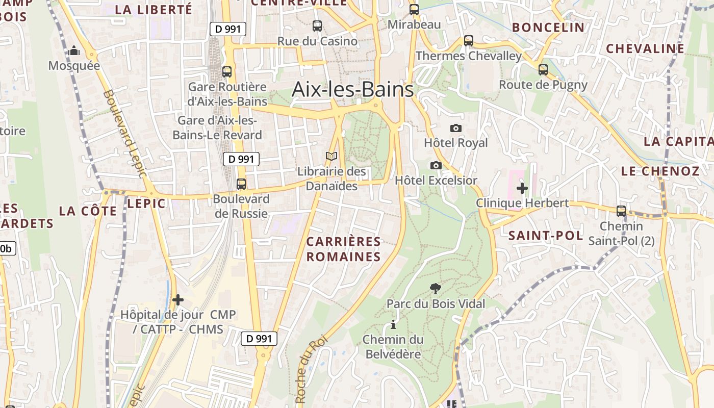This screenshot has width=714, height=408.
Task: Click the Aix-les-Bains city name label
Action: [x=352, y=90]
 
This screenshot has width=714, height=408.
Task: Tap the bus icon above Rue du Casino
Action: [x=317, y=25]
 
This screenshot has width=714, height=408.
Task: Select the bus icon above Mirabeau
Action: [x=414, y=9]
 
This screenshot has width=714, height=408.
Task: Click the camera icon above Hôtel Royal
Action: [x=456, y=128]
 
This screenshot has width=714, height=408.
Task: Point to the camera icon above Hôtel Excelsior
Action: [x=436, y=165]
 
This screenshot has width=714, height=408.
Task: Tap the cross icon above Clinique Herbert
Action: [x=522, y=188]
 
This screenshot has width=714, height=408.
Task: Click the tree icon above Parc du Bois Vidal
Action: [x=436, y=289]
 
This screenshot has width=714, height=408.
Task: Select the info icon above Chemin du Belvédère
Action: [x=393, y=324]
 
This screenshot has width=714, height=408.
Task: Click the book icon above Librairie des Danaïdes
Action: [x=331, y=157]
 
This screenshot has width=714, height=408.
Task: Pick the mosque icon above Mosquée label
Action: [x=74, y=50]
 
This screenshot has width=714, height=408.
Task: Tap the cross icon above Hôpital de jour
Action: [x=177, y=300]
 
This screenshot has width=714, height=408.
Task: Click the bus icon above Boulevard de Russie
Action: [x=241, y=184]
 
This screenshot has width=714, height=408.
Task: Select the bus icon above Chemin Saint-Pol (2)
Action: [x=621, y=211]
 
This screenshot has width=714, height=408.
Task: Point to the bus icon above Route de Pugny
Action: [x=543, y=70]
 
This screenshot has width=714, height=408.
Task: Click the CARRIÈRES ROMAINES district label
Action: [x=344, y=249]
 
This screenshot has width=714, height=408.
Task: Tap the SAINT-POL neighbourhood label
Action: [x=545, y=236]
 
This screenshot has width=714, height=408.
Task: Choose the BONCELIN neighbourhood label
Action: [x=548, y=28]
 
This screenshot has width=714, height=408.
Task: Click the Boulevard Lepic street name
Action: [x=124, y=134]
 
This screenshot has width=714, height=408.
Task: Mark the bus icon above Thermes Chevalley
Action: [x=468, y=41]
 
